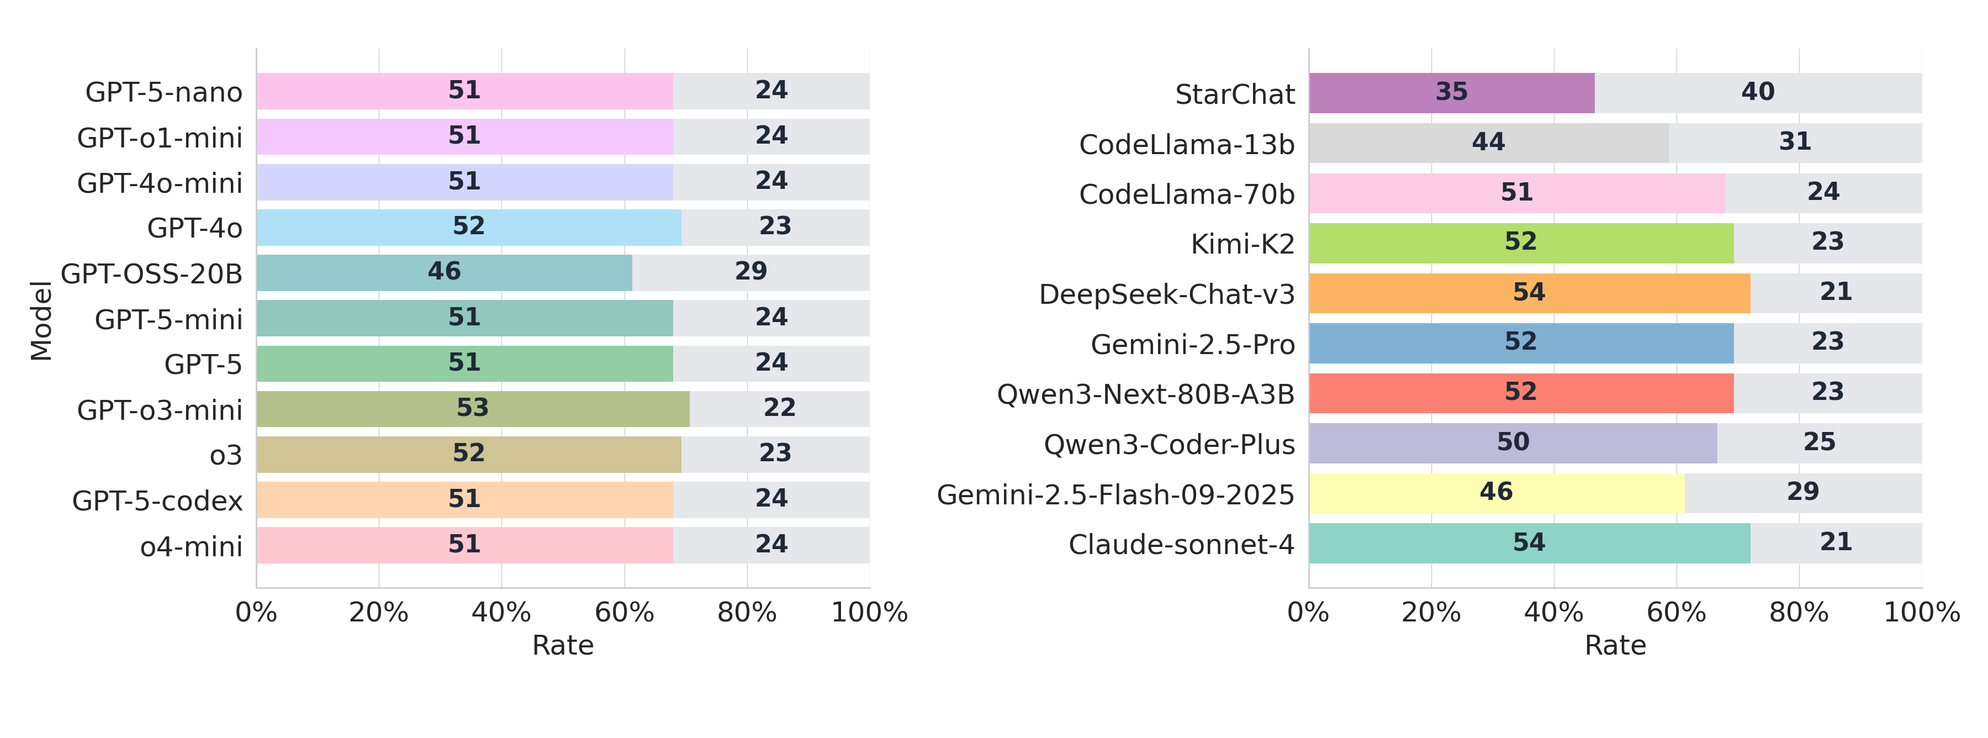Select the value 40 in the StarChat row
coord(1757,92)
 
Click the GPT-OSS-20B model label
coord(151,274)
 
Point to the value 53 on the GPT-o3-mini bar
coord(472,408)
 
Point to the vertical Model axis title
coord(41,320)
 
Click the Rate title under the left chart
coord(563,645)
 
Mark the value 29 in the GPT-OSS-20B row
coord(750,272)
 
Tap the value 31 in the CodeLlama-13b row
coord(1794,142)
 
